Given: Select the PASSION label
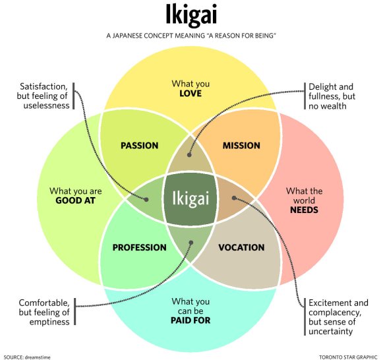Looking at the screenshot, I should coord(139,146).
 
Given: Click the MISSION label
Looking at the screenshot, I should coord(241,146).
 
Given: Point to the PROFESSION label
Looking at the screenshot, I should coord(139,248).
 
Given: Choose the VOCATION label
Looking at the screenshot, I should coord(241,248).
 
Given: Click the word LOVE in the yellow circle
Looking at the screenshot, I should coord(190,94).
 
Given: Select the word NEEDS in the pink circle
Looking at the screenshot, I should coord(304,210).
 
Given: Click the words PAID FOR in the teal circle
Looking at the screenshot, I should coord(190,321).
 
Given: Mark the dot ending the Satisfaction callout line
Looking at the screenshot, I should coord(146,199).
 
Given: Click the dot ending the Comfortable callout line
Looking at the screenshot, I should coord(191,242).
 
